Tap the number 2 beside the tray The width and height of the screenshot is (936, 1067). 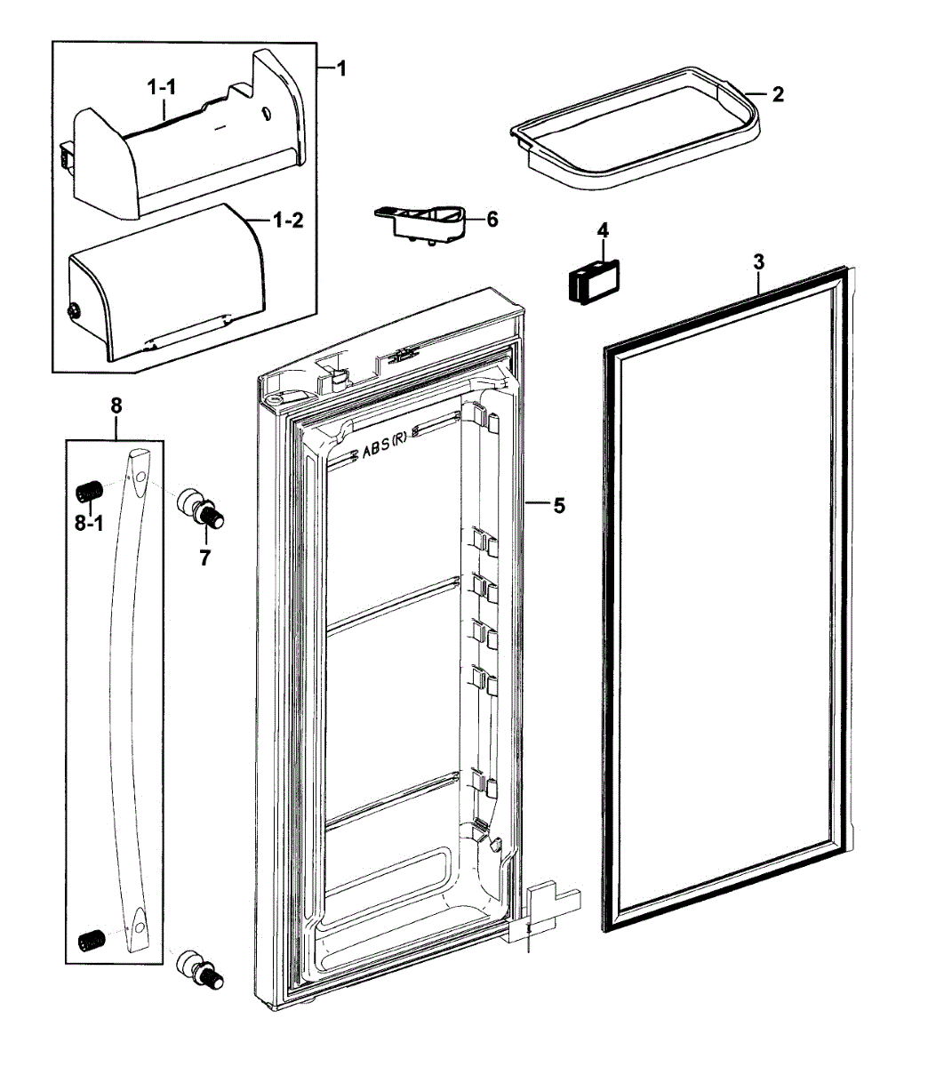coord(778,94)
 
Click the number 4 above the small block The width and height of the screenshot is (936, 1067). coord(603,229)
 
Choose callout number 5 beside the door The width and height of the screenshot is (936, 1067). coord(558,506)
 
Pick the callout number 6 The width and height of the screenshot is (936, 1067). coord(492,219)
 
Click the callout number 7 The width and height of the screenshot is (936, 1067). coord(204,559)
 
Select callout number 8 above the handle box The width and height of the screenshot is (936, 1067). coord(116,405)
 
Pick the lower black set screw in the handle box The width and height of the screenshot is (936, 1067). coord(89,938)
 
